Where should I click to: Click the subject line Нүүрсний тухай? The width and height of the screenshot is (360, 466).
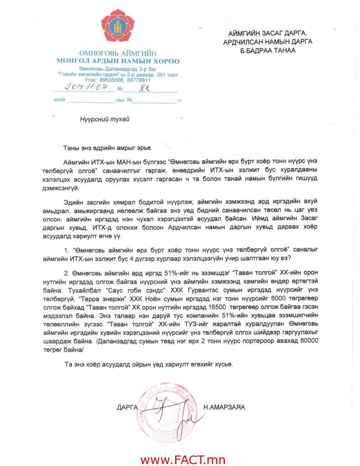coord(105,120)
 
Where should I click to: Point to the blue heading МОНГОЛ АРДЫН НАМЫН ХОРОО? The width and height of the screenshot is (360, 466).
coord(118,61)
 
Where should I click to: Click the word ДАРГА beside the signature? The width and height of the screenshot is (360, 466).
coord(127,407)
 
